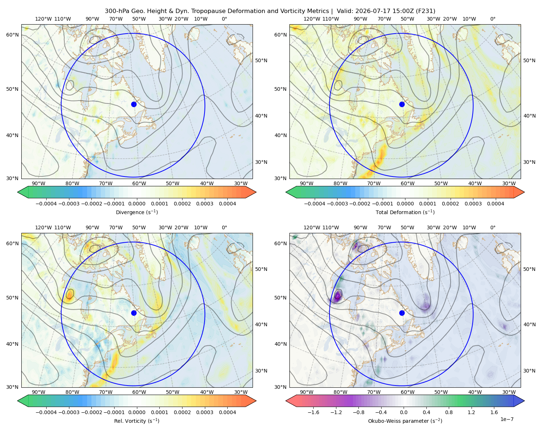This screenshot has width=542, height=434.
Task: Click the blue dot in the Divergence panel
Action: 134,104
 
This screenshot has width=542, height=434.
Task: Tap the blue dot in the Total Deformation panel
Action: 402,104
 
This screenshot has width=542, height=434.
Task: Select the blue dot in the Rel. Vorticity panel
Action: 134,313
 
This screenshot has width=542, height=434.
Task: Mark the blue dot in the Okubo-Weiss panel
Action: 402,313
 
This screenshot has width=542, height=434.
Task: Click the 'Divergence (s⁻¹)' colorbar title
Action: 137,212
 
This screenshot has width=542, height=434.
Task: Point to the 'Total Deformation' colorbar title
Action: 396,212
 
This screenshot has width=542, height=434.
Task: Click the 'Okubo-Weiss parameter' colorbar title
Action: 397,421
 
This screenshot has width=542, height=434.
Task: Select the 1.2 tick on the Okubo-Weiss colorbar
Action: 471,412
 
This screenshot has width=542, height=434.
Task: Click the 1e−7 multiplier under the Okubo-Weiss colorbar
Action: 507,419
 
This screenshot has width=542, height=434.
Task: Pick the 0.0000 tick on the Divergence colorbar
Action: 137,204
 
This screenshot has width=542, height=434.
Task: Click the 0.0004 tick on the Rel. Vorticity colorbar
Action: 227,412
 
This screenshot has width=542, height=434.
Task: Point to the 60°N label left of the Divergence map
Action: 12,35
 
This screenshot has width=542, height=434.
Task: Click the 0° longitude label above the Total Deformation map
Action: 492,19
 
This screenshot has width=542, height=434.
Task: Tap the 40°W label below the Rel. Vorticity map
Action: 207,392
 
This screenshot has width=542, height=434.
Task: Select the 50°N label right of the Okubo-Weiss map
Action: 529,269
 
